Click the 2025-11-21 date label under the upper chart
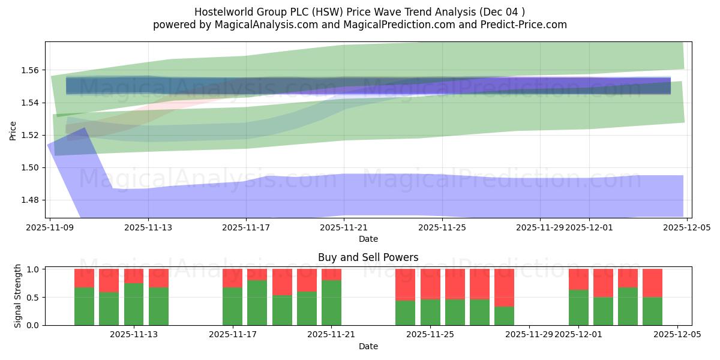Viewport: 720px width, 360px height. click(x=344, y=228)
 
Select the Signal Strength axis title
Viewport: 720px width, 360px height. click(x=18, y=296)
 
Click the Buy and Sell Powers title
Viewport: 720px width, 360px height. click(x=368, y=257)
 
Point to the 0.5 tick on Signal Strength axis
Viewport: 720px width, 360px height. click(x=34, y=297)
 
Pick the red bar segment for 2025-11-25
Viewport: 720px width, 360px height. click(x=430, y=284)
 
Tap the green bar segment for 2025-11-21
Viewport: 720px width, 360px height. click(x=331, y=303)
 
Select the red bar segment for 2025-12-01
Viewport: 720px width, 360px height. click(x=578, y=280)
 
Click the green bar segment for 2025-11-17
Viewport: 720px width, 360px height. click(x=232, y=307)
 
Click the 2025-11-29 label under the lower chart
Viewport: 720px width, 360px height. click(x=529, y=335)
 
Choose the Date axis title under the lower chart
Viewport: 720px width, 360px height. click(x=368, y=346)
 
